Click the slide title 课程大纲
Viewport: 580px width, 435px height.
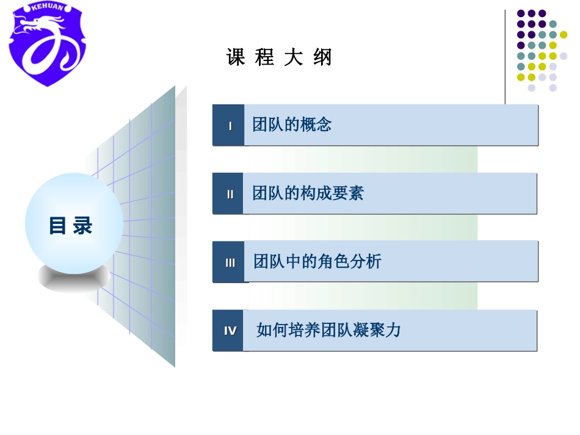[279, 58]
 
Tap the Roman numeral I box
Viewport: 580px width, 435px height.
[229, 126]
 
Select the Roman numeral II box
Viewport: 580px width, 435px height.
[229, 194]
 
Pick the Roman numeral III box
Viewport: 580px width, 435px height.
[229, 262]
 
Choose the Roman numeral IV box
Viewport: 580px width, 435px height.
[229, 331]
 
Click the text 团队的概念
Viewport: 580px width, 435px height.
[292, 125]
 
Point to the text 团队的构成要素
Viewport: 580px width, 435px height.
[308, 193]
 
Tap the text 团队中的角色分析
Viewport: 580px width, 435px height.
[317, 262]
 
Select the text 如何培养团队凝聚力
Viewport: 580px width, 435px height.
[328, 331]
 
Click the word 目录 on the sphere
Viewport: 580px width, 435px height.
[71, 226]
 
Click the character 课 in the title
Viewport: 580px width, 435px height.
[236, 58]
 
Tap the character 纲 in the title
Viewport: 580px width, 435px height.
[322, 58]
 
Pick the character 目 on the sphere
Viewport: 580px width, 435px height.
[57, 226]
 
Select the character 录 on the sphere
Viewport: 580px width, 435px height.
[83, 226]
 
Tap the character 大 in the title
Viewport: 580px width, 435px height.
[294, 58]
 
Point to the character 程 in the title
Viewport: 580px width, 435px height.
[265, 58]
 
